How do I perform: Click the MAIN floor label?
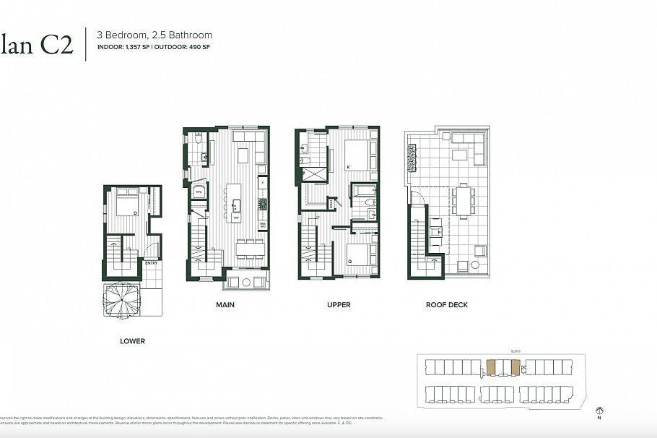pos(225,305)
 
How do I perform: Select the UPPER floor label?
pos(339,305)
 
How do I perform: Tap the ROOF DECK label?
pos(448,305)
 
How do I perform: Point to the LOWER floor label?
pos(133,341)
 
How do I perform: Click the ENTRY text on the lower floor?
pos(151,263)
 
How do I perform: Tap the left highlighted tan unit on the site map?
pos(492,368)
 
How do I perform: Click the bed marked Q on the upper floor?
pos(359,257)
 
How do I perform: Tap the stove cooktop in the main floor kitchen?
pos(263,204)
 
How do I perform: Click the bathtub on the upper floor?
pos(362,192)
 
